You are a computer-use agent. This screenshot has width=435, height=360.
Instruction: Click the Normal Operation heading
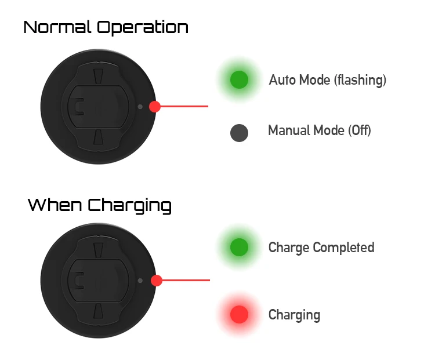pyautogui.click(x=106, y=27)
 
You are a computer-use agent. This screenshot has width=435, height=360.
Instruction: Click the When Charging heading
pyautogui.click(x=100, y=205)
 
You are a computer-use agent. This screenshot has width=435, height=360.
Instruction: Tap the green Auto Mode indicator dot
pyautogui.click(x=239, y=79)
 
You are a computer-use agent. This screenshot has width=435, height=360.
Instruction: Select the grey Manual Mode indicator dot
pyautogui.click(x=239, y=133)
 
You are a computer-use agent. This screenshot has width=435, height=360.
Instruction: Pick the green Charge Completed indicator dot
pyautogui.click(x=239, y=248)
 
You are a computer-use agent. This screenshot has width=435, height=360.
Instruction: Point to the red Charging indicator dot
pyautogui.click(x=239, y=315)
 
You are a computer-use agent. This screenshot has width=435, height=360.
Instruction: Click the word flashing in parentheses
pyautogui.click(x=360, y=80)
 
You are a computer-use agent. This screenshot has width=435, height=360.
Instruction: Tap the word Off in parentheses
pyautogui.click(x=359, y=130)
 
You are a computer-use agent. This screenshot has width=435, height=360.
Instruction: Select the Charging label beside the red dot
pyautogui.click(x=294, y=315)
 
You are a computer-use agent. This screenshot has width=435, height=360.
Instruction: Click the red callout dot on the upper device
pyautogui.click(x=155, y=107)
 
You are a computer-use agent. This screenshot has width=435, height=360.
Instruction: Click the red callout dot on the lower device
pyautogui.click(x=156, y=281)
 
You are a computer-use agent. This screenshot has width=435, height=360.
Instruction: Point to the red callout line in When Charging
pyautogui.click(x=186, y=281)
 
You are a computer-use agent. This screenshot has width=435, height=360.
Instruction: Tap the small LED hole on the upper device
pyautogui.click(x=140, y=107)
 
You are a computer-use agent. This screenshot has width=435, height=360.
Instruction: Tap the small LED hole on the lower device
pyautogui.click(x=140, y=281)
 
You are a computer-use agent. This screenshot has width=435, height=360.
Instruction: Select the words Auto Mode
pyautogui.click(x=299, y=80)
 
